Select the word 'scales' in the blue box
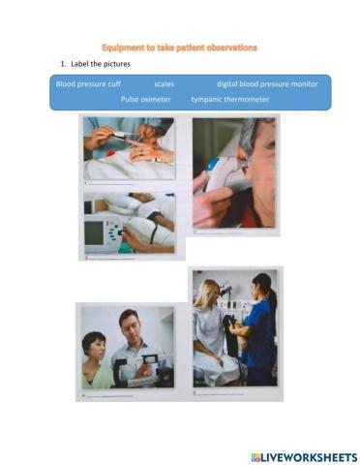coord(164,84)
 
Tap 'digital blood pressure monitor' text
coord(267,84)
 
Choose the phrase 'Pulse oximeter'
coord(145,99)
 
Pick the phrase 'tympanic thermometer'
coord(230,99)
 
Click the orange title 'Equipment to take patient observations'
coord(180,46)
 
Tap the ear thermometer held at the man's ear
coord(223,170)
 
